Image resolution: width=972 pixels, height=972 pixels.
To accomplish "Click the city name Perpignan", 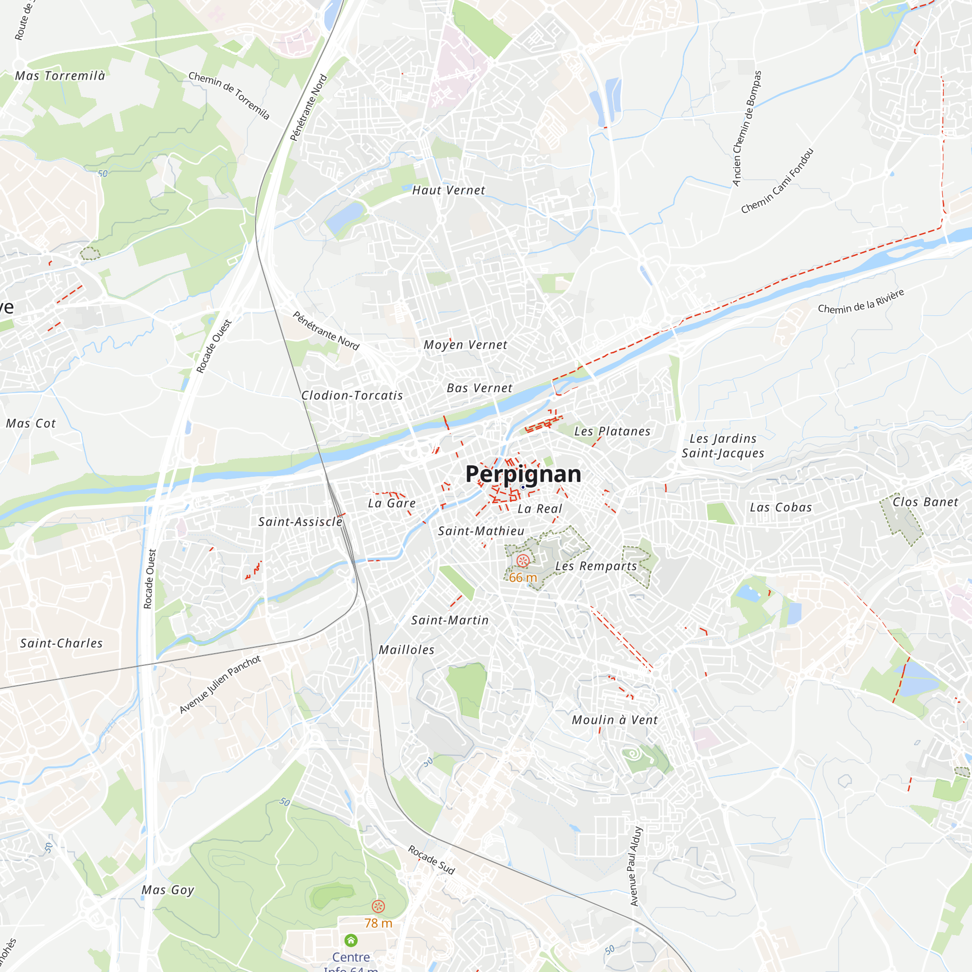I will (x=523, y=474).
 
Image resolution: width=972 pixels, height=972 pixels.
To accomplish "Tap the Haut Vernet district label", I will (x=448, y=190).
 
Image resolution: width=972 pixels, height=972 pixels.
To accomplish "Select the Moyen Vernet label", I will (x=466, y=345).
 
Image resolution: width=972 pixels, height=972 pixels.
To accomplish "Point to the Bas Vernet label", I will (x=480, y=388).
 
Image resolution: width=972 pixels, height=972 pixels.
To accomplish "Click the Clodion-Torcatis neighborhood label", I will (x=352, y=396).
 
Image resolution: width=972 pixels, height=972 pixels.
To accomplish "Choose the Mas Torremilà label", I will (x=60, y=76).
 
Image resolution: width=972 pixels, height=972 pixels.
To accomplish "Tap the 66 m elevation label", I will (x=523, y=577).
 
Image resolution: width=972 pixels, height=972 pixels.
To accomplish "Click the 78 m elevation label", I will (x=378, y=923).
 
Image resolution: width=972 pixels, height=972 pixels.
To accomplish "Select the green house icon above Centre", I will (x=351, y=940).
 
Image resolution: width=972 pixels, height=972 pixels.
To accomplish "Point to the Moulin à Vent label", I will (x=614, y=720).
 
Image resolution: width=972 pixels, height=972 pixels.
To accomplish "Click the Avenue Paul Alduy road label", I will (x=635, y=866).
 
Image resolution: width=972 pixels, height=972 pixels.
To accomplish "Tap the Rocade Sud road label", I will (x=431, y=860).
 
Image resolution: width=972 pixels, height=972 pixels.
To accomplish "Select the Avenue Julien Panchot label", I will (x=220, y=684).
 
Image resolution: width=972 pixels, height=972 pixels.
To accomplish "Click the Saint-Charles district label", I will (x=61, y=643).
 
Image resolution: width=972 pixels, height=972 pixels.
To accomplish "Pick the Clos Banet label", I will (x=925, y=502).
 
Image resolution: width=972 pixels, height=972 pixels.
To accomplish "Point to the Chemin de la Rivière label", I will (x=861, y=301).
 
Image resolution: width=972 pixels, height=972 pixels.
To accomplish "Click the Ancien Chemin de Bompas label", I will (x=746, y=129).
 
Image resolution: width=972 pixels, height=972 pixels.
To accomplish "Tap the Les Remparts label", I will (x=596, y=566).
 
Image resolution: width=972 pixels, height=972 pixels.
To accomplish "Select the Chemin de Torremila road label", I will (x=229, y=95).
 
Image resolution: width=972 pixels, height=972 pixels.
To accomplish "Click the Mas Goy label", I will (x=168, y=890).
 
